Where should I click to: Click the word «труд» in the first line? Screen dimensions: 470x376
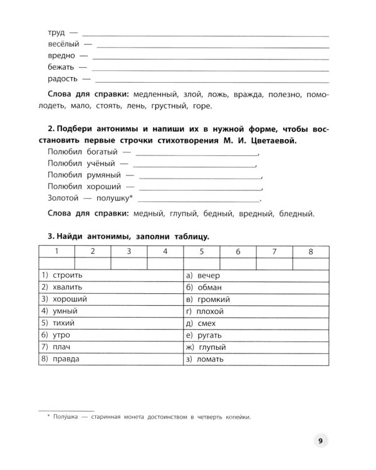coord(56,32)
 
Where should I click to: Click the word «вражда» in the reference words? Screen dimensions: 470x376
coord(246,94)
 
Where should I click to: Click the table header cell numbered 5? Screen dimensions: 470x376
coord(202,251)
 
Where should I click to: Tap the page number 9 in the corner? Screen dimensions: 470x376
coord(320,441)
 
